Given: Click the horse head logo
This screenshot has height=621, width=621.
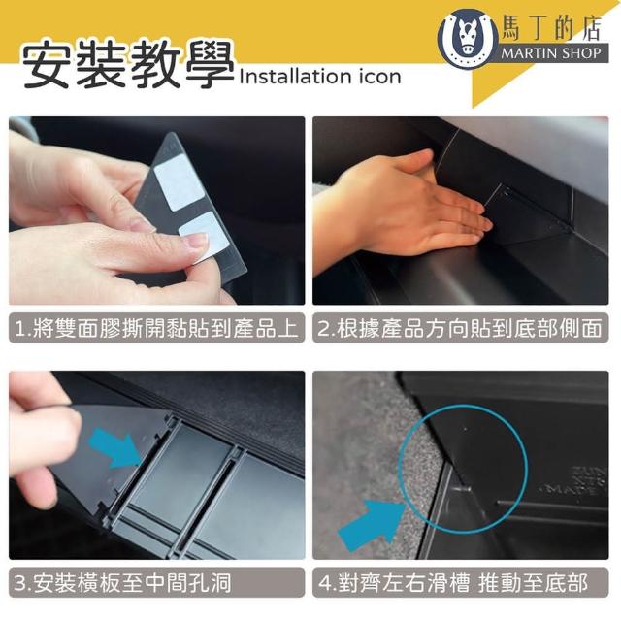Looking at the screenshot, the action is (x=468, y=38).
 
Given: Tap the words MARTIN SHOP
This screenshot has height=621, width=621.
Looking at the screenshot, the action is (x=551, y=52).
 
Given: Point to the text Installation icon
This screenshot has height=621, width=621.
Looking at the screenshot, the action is (x=320, y=76).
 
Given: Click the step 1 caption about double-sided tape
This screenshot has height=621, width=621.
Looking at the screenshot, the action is (x=156, y=328).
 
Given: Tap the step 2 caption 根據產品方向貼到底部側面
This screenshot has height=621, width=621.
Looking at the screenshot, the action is (x=460, y=328).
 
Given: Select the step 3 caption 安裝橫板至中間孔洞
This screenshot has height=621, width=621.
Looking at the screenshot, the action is (x=122, y=582).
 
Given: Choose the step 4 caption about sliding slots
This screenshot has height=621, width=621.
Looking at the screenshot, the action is (x=453, y=582).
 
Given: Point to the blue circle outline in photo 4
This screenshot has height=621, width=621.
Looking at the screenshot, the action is (x=399, y=469).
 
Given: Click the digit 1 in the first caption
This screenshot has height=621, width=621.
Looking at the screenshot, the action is (x=19, y=329).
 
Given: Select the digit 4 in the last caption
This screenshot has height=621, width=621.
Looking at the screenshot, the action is (x=325, y=583).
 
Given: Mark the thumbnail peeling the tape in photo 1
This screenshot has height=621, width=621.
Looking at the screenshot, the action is (x=195, y=240).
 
